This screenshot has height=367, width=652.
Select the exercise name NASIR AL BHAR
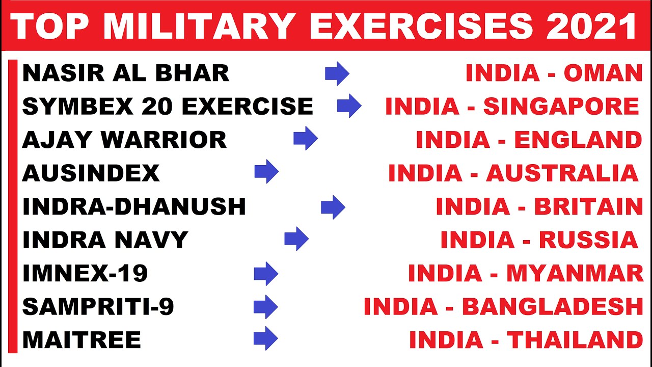(126, 74)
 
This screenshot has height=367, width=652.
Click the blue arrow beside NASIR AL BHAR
(337, 74)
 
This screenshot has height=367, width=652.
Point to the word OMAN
(603, 74)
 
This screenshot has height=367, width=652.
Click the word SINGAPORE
(561, 107)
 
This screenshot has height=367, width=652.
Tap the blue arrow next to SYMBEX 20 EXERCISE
(349, 107)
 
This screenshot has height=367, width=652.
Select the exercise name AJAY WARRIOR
(124, 140)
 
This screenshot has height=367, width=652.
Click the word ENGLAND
(578, 140)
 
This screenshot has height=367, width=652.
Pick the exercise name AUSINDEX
(91, 173)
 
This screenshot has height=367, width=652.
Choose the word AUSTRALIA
(562, 173)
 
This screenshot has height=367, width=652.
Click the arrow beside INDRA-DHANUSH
(333, 207)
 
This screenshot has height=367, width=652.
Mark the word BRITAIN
(588, 207)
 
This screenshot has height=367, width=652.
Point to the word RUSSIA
(588, 240)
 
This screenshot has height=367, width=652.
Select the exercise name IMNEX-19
(85, 274)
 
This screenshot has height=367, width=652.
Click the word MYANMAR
(575, 274)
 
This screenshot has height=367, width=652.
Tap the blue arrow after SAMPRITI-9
(265, 307)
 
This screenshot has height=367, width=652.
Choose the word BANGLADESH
(552, 307)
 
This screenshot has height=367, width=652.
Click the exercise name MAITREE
(81, 340)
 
